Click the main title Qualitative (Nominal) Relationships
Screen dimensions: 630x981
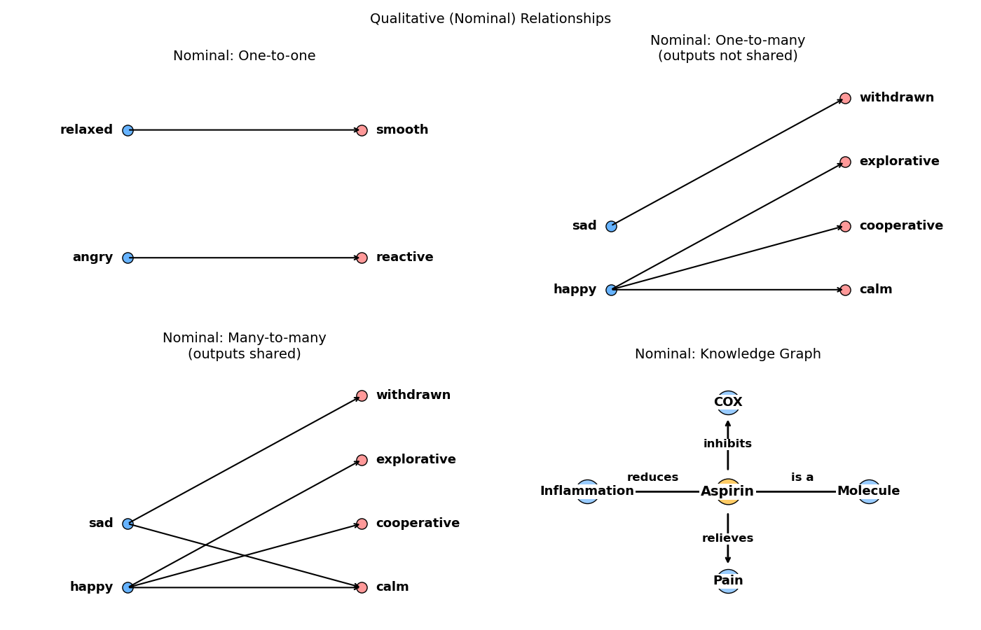[490, 19]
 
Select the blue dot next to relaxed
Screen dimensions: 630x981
[128, 130]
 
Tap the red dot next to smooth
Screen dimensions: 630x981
[362, 130]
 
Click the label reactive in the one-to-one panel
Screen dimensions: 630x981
[404, 258]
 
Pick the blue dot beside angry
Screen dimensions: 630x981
[128, 258]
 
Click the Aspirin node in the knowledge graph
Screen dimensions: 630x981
[728, 491]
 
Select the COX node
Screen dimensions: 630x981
[728, 402]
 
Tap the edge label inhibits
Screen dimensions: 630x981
[727, 444]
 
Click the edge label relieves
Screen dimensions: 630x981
[727, 538]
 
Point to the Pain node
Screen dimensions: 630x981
[728, 581]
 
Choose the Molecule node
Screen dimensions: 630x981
[869, 491]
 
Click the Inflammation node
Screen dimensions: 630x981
[587, 491]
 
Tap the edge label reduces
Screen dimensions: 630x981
[652, 477]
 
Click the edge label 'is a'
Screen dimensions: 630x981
[802, 477]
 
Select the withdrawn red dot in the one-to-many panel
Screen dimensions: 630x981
[845, 98]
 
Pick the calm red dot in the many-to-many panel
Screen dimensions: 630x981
[362, 587]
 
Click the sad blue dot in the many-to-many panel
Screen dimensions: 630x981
[128, 524]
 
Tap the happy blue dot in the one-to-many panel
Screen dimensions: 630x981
[611, 290]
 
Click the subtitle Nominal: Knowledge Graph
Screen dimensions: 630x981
[727, 354]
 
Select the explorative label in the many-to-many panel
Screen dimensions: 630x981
[416, 460]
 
